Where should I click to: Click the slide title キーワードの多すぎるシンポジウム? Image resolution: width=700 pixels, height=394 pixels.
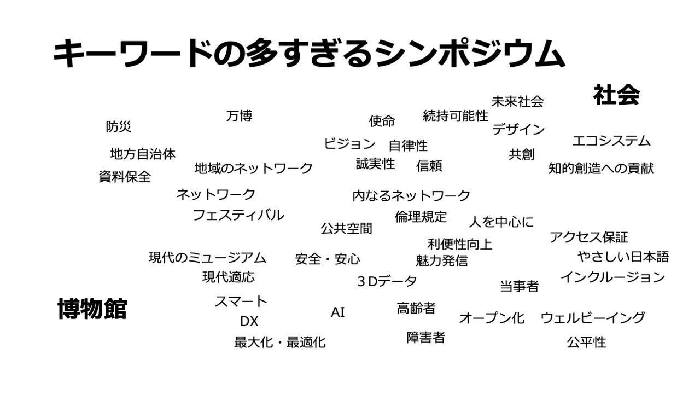tap(308, 54)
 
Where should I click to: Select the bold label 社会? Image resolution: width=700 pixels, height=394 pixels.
tap(616, 95)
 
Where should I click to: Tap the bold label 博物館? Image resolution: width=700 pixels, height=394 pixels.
tap(92, 309)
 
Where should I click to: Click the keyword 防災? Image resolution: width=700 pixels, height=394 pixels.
tap(119, 126)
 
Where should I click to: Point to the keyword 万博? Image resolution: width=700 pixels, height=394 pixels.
tap(239, 116)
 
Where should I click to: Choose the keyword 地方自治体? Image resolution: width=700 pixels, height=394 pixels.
tap(143, 154)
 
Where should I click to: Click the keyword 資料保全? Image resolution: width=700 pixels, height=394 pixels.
tap(125, 177)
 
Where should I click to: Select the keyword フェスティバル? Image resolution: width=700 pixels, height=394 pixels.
tap(238, 215)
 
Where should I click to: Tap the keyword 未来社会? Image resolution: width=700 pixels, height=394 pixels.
tap(517, 101)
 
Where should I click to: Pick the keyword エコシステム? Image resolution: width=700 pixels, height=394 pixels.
tap(611, 141)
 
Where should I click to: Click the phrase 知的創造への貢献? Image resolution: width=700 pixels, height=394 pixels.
tap(600, 168)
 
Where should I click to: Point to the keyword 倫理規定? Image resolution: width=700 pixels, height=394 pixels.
tap(421, 217)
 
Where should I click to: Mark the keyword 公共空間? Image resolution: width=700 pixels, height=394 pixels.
tap(346, 228)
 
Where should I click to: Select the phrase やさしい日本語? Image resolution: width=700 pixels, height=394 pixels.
tap(623, 256)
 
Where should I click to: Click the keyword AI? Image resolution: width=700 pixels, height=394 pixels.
tap(338, 312)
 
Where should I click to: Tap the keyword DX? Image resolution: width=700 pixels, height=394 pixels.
tap(249, 321)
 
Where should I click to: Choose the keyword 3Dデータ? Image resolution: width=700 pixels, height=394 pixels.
tap(387, 281)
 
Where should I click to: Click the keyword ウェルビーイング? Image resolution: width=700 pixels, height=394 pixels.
tap(592, 317)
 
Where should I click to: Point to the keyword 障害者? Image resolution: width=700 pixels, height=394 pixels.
tap(425, 337)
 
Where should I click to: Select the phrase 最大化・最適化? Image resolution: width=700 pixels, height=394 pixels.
tap(279, 343)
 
